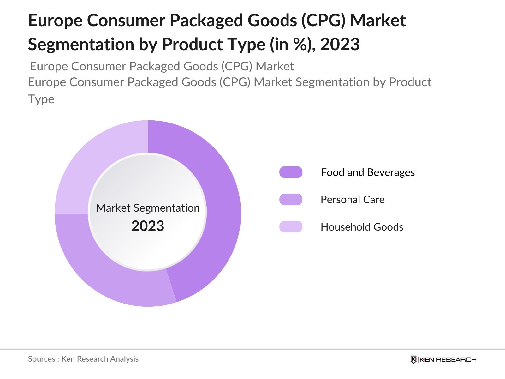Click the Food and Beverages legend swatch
pyautogui.click(x=291, y=172)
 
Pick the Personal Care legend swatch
pyautogui.click(x=291, y=200)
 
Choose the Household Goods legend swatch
pyautogui.click(x=291, y=227)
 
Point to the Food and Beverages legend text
pyautogui.click(x=368, y=172)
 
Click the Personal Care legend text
pyautogui.click(x=353, y=200)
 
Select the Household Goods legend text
pyautogui.click(x=362, y=227)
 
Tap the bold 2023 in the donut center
pyautogui.click(x=148, y=226)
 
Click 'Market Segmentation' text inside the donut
pyautogui.click(x=148, y=208)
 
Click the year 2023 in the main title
pyautogui.click(x=340, y=44)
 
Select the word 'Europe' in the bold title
pyautogui.click(x=55, y=20)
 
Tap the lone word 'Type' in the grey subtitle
pyautogui.click(x=41, y=99)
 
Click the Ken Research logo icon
pyautogui.click(x=413, y=359)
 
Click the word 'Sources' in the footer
pyautogui.click(x=41, y=359)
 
